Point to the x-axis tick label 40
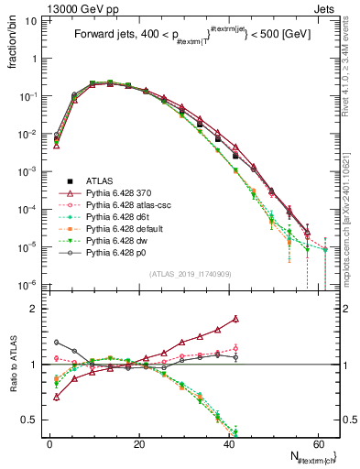pyautogui.click(x=227, y=443)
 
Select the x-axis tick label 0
pyautogui.click(x=49, y=443)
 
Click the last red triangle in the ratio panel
pyautogui.click(x=236, y=319)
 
